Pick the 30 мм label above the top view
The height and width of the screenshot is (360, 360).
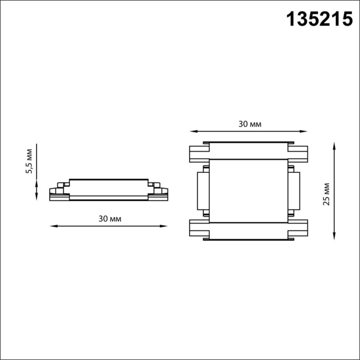pos(249,124)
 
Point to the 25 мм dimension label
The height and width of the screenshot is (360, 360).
pos(325,194)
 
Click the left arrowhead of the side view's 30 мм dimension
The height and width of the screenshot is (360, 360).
pos(53,225)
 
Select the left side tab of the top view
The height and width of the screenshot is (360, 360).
pos(202,191)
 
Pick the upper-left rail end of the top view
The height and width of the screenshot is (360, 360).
pos(199,153)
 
